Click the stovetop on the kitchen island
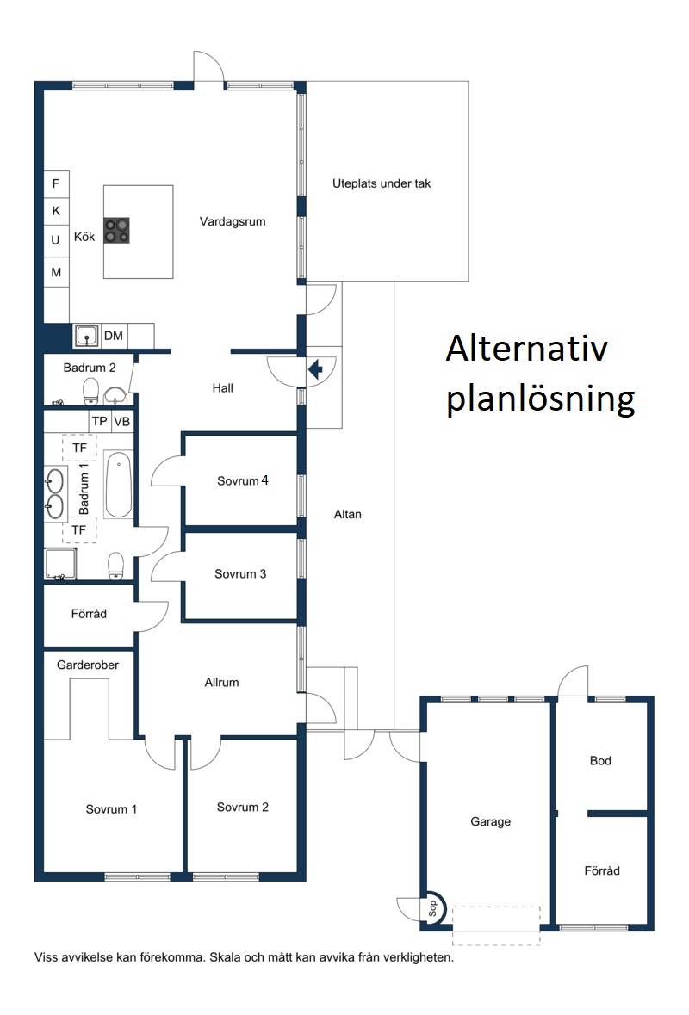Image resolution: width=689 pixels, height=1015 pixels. pyautogui.click(x=117, y=231)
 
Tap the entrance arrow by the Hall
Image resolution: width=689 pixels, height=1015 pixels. pyautogui.click(x=315, y=370)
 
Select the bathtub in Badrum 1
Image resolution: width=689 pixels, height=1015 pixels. pyautogui.click(x=119, y=485)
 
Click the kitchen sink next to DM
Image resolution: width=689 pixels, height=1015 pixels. pyautogui.click(x=86, y=336)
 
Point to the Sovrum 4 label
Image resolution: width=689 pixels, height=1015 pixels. pyautogui.click(x=243, y=481)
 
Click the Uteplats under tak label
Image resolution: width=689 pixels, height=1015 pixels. pyautogui.click(x=382, y=184)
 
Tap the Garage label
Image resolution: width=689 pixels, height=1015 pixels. pyautogui.click(x=490, y=822)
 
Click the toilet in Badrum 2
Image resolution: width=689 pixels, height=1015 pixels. pyautogui.click(x=90, y=390)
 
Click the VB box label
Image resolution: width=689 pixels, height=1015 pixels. pyautogui.click(x=121, y=422)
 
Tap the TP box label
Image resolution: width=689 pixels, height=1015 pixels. pyautogui.click(x=100, y=422)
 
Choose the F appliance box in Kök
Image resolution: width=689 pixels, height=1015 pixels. pyautogui.click(x=56, y=184)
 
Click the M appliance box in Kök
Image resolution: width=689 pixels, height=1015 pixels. pyautogui.click(x=56, y=273)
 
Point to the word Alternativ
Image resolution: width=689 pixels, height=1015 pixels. pyautogui.click(x=526, y=349)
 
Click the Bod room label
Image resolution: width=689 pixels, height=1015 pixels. pyautogui.click(x=600, y=761)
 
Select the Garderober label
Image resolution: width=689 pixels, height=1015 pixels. pyautogui.click(x=88, y=665)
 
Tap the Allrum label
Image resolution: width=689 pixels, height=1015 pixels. pyautogui.click(x=221, y=683)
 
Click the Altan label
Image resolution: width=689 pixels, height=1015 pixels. pyautogui.click(x=348, y=515)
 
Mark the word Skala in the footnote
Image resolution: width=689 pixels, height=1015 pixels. pyautogui.click(x=224, y=957)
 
